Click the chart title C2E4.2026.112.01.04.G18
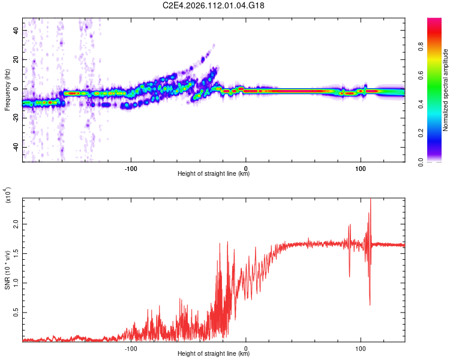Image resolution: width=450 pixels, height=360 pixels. (x=214, y=5)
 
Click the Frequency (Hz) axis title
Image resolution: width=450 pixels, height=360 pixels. (x=7, y=89)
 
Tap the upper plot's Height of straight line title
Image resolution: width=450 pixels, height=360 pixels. (x=214, y=174)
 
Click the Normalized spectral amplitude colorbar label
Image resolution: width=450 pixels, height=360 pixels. (x=446, y=90)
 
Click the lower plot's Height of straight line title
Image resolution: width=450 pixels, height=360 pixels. (x=214, y=354)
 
